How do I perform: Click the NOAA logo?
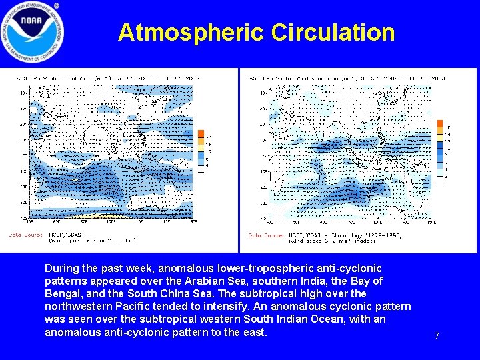pos(33,33)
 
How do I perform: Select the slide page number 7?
pos(437,337)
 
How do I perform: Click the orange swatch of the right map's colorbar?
pos(440,125)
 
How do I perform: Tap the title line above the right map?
pos(347,78)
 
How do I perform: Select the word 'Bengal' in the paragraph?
pos(62,293)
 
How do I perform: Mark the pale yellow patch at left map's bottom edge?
pos(100,216)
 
